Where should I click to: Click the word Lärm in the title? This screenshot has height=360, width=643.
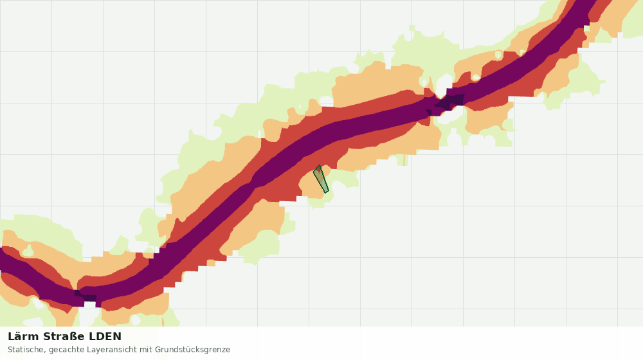23,337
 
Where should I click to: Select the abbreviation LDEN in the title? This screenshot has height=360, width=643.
105,337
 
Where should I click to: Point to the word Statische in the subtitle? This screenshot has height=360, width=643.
26,350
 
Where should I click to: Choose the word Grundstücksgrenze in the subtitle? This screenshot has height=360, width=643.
193,350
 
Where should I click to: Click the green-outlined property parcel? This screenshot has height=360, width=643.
321,179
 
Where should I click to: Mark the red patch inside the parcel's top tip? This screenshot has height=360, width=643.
318,170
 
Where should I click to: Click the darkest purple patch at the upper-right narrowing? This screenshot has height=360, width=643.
450,102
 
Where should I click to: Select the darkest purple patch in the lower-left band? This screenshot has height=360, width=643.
86,296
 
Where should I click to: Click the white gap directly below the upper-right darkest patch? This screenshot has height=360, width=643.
451,115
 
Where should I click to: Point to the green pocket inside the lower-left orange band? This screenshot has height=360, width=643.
28,251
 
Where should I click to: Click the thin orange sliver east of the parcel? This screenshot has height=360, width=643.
404,160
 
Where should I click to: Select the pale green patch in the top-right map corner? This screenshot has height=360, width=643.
633,19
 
